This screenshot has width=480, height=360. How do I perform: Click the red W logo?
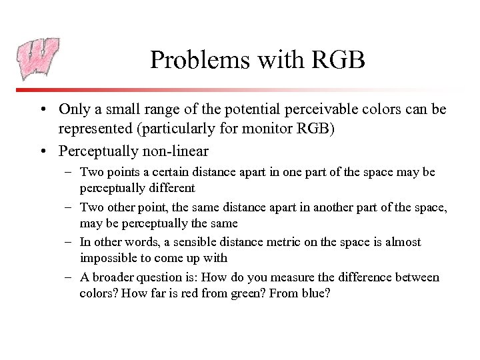click(39, 58)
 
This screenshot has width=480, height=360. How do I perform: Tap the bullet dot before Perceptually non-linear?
click(43, 151)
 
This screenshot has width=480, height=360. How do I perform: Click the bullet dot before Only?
click(43, 109)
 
